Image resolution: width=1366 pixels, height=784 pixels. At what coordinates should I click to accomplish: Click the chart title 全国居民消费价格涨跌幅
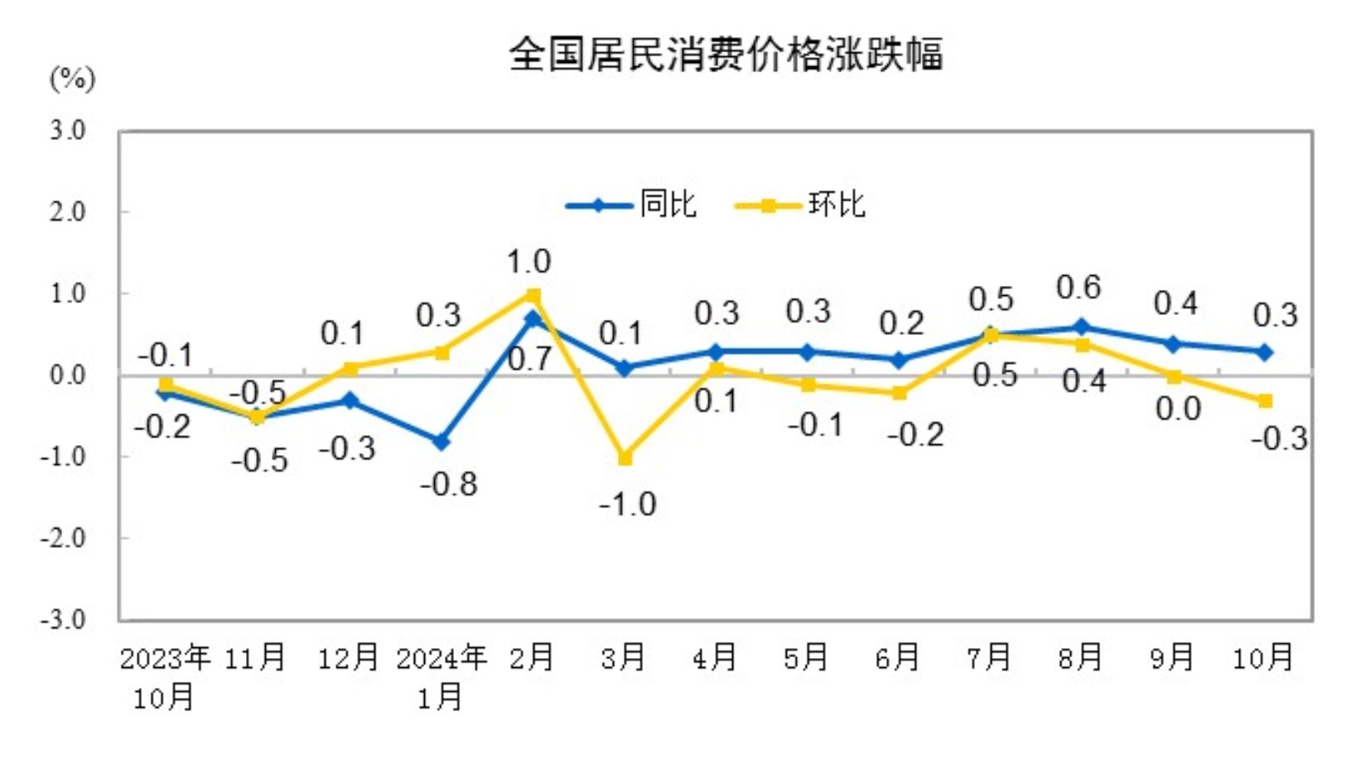(726, 55)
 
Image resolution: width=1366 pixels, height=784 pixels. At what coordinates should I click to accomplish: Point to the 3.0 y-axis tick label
(67, 130)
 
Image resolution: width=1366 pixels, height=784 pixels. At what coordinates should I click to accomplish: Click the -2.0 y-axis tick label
(63, 539)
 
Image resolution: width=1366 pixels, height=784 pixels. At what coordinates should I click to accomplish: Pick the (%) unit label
(73, 80)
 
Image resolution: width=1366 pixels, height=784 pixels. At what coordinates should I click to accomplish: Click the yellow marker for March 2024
(625, 457)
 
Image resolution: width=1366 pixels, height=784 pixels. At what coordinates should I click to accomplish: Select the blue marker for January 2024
(442, 442)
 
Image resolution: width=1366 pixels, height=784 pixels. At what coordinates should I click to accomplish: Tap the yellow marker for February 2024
(533, 295)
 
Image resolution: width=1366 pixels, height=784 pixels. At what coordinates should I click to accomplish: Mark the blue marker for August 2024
(1081, 327)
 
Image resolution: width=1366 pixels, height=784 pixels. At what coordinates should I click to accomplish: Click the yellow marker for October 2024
(1265, 401)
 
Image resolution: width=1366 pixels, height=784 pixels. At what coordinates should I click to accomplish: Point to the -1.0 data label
(628, 504)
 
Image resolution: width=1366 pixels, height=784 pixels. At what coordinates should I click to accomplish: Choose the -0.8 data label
(449, 484)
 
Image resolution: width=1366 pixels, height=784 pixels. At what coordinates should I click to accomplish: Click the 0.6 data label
(1079, 288)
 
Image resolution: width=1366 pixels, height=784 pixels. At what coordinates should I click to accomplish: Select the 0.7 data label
(529, 359)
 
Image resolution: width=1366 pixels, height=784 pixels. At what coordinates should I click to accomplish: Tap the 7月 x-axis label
(989, 658)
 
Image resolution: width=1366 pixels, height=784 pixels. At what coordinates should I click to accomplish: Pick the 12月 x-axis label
(349, 658)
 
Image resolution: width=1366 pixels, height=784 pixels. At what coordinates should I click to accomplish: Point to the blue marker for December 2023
(350, 401)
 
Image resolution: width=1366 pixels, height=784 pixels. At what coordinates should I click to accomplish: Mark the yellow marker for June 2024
(899, 393)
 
